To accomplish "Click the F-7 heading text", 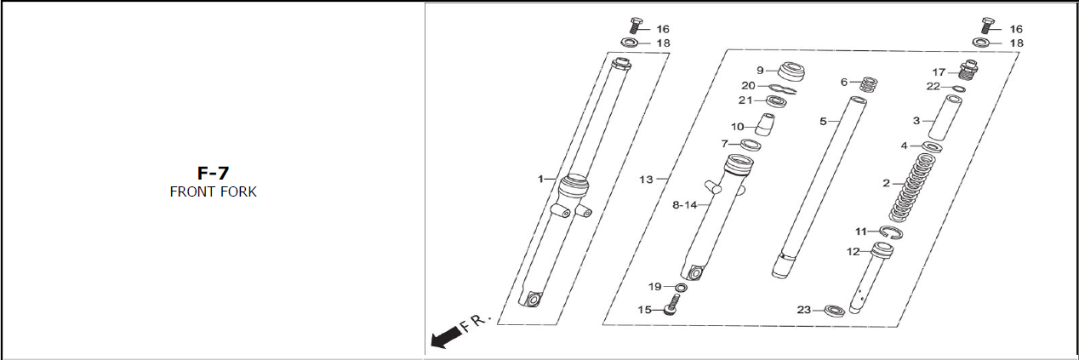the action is click(x=213, y=173).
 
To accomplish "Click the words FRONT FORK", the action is click(x=213, y=191).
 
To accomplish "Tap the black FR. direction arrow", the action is click(x=446, y=337).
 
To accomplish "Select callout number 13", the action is click(x=646, y=180).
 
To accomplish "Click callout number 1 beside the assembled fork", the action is click(x=540, y=180).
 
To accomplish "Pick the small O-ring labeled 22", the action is click(x=959, y=89).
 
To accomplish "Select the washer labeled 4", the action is click(x=932, y=146).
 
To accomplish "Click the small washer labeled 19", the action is click(x=681, y=288).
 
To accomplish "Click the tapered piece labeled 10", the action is click(x=765, y=124).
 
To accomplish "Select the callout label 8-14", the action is click(x=684, y=205).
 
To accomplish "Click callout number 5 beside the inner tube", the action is click(x=823, y=122).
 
